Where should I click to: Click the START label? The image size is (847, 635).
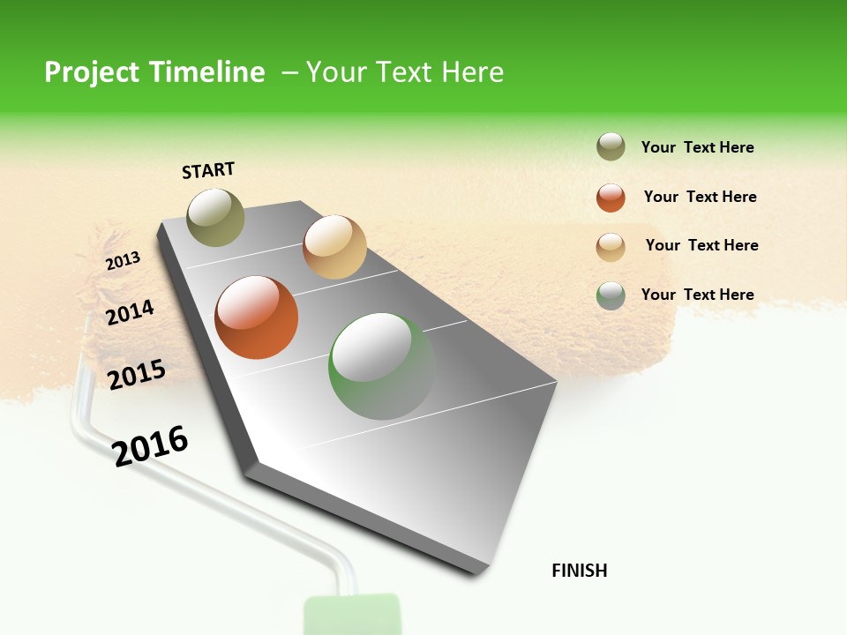(208, 170)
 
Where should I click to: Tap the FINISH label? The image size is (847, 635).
(579, 571)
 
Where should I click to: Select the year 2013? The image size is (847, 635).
(123, 260)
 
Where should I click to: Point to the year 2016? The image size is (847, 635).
(150, 445)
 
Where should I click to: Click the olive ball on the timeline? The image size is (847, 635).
(215, 217)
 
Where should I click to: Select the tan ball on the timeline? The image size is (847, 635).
(334, 247)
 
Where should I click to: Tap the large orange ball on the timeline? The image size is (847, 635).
(257, 317)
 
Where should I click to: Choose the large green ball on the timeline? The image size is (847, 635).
(381, 366)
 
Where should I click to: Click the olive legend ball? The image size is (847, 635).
(611, 147)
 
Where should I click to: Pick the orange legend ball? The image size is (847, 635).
(611, 198)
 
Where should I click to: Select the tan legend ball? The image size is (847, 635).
(611, 247)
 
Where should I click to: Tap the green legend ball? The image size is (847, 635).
(611, 295)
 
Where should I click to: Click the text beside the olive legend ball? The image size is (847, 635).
(697, 147)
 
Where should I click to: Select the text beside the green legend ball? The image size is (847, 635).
(697, 295)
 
